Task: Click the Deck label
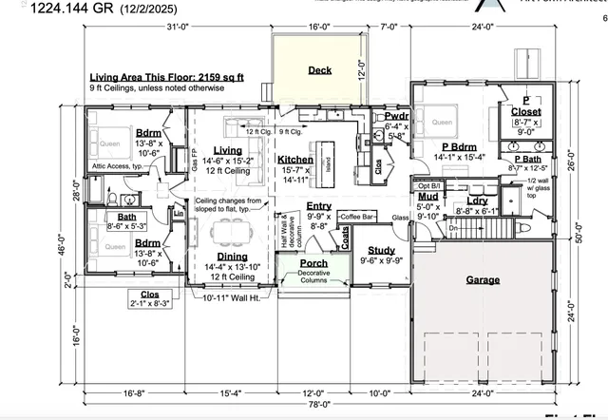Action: (x=319, y=70)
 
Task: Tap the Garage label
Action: (x=483, y=280)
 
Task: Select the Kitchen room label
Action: (x=294, y=161)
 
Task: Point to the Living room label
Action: (x=227, y=150)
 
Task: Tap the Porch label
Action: (x=313, y=263)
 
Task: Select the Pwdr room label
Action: (x=397, y=115)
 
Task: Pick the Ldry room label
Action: (x=477, y=201)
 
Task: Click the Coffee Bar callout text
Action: (x=359, y=217)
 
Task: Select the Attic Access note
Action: (x=123, y=165)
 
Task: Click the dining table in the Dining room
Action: (x=228, y=231)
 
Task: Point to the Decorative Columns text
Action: (x=313, y=277)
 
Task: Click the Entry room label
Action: (x=319, y=206)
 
